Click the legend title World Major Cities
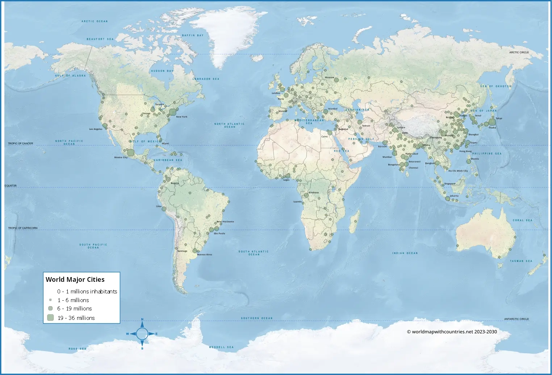pyautogui.click(x=75, y=280)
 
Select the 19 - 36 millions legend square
pyautogui.click(x=50, y=318)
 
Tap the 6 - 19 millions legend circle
pyautogui.click(x=50, y=308)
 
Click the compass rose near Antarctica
pyautogui.click(x=142, y=334)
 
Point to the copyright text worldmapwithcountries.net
pyautogui.click(x=452, y=331)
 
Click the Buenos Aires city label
pyautogui.click(x=205, y=255)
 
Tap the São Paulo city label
pyautogui.click(x=219, y=234)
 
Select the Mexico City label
pyautogui.click(x=121, y=157)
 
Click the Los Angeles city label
pyautogui.click(x=96, y=129)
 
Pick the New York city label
pyautogui.click(x=182, y=117)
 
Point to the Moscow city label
pyautogui.click(x=330, y=77)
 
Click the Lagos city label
pyautogui.click(x=287, y=180)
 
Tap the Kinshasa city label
pyautogui.click(x=314, y=193)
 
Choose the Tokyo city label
pyautogui.click(x=499, y=118)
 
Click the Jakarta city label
pyautogui.click(x=454, y=196)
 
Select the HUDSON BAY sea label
pyautogui.click(x=162, y=71)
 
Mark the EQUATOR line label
pyautogui.click(x=11, y=186)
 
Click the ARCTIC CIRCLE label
pyautogui.click(x=519, y=52)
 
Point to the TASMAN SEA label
pyautogui.click(x=521, y=261)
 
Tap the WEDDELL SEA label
pyautogui.click(x=221, y=347)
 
